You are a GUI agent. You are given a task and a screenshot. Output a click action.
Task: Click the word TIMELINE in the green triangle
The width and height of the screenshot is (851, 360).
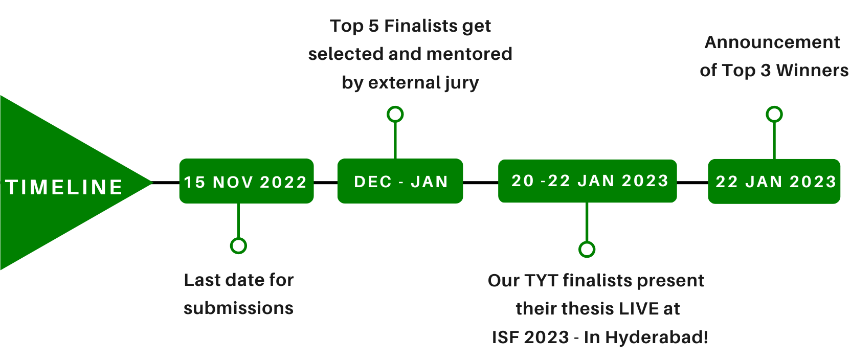coord(64,187)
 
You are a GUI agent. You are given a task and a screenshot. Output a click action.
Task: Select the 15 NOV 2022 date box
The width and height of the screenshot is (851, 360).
coord(247,181)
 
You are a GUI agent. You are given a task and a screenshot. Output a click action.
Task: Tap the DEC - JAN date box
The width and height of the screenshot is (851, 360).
coord(400,181)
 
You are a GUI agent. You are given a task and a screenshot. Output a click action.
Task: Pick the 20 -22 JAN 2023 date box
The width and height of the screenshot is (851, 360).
coord(587,181)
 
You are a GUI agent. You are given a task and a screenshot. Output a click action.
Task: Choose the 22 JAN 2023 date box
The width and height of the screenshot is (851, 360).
coord(774,182)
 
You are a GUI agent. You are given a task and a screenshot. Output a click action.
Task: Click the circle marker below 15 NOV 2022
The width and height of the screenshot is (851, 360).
coord(239,245)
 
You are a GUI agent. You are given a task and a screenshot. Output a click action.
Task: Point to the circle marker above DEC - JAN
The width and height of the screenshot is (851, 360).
coord(395,115)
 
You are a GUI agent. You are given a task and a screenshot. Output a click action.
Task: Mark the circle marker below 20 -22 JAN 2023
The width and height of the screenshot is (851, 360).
coord(587,250)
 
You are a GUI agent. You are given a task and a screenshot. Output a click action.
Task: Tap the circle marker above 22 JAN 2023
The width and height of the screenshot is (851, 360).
coord(774,115)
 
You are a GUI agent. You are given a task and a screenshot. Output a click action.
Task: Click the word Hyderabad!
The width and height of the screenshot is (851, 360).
coord(657,337)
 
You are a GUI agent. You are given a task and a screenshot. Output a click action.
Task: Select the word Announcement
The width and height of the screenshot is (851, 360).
coord(772,42)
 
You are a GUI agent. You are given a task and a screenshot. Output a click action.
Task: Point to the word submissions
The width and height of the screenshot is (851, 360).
coord(239,308)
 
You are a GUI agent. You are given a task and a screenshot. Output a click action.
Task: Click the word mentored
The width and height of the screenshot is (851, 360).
coord(469,54)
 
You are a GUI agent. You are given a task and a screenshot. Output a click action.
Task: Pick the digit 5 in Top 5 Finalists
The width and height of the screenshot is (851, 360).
coord(374,26)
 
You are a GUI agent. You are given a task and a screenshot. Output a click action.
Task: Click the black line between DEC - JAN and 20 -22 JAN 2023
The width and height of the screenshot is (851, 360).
coord(481,183)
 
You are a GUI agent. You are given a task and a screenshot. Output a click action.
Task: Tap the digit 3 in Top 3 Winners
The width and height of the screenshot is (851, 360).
coord(766,71)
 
